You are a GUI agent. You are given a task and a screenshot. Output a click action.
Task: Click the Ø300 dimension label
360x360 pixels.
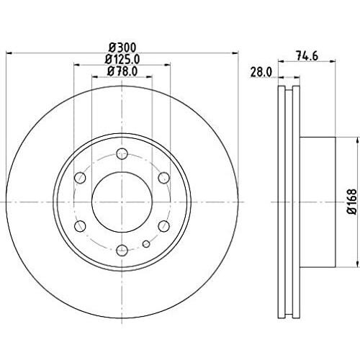(x=122, y=48)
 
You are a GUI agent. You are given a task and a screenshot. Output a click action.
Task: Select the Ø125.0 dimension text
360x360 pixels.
(x=122, y=59)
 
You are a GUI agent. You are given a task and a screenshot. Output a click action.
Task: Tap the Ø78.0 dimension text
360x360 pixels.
(x=122, y=71)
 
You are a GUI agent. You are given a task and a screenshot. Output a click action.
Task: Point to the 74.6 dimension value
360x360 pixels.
(x=307, y=56)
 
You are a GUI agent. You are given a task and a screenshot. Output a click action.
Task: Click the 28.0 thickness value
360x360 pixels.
(x=261, y=72)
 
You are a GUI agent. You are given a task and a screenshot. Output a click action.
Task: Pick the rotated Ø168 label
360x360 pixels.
(x=352, y=202)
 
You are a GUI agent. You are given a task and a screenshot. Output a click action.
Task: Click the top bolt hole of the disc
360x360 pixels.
(x=122, y=153)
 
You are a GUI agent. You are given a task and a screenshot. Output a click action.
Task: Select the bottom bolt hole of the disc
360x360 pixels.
(x=122, y=251)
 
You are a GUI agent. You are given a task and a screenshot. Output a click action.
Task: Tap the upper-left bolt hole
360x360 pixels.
(x=80, y=178)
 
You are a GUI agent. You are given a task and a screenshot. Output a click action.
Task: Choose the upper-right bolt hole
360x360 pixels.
(x=164, y=178)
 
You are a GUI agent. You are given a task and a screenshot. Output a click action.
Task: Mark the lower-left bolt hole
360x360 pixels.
(x=80, y=226)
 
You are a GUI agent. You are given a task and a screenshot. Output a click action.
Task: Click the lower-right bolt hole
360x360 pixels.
(x=164, y=226)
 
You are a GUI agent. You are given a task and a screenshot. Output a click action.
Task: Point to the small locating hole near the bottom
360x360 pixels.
(x=146, y=244)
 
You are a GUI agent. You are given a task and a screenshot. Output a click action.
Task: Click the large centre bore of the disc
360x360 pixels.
(x=122, y=202)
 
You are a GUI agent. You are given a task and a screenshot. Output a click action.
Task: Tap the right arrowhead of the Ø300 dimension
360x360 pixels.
(x=235, y=53)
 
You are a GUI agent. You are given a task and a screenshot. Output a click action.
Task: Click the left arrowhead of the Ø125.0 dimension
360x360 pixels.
(x=76, y=65)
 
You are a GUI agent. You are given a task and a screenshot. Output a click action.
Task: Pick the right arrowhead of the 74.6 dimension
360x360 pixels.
(x=332, y=61)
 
